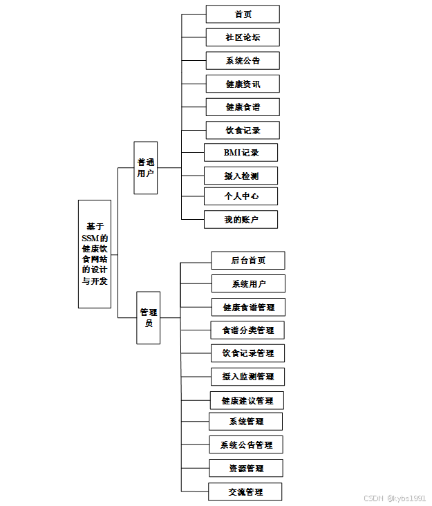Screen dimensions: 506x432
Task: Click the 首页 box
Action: [x=243, y=14]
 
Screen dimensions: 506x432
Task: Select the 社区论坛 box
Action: [x=243, y=37]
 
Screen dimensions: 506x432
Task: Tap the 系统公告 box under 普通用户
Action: [x=243, y=60]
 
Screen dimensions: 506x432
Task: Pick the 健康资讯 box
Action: [x=243, y=84]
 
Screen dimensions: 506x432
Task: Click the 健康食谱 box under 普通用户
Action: [x=243, y=107]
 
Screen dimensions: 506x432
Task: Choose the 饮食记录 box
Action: [x=243, y=130]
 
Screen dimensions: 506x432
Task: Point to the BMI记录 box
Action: [x=241, y=152]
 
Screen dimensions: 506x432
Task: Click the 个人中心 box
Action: [x=241, y=196]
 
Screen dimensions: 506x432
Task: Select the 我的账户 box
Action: [x=241, y=220]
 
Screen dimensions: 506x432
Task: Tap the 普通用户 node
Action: [x=145, y=167]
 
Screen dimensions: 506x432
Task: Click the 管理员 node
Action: [x=149, y=317]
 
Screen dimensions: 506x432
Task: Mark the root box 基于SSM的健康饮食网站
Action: [x=95, y=254]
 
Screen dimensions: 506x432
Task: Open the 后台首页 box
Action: [x=248, y=261]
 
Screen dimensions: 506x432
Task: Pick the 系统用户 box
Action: [x=248, y=284]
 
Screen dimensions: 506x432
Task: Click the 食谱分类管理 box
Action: [x=247, y=330]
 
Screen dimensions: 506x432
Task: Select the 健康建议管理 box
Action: [x=247, y=400]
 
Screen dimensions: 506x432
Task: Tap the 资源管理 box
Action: [x=246, y=468]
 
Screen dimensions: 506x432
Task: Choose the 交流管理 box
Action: [x=246, y=492]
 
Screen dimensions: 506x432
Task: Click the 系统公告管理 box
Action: [x=246, y=444]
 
